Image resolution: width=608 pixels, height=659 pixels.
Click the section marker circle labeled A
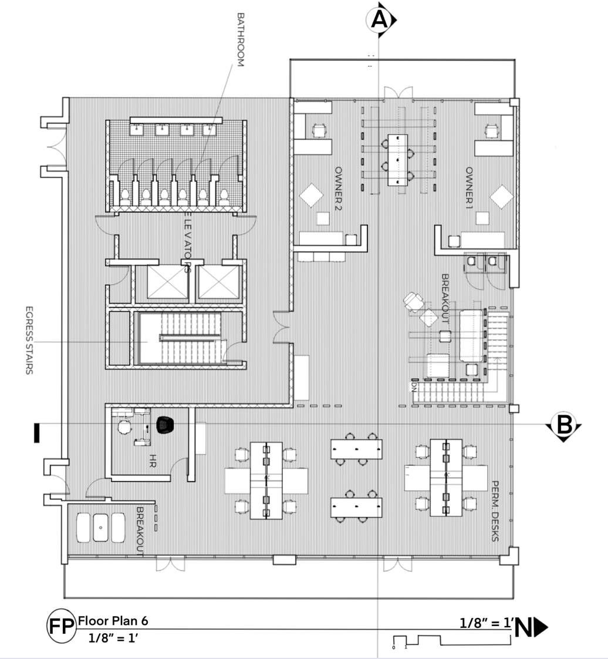(380, 20)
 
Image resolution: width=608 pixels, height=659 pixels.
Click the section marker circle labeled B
(563, 424)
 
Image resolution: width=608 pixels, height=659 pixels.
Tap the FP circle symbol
(61, 627)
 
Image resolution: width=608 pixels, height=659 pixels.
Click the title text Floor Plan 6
(117, 620)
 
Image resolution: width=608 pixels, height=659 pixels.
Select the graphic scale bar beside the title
(417, 641)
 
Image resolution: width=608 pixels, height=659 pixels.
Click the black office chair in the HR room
(165, 423)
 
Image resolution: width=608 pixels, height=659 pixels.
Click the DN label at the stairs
(413, 388)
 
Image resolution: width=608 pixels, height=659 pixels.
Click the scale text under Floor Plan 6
(113, 638)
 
